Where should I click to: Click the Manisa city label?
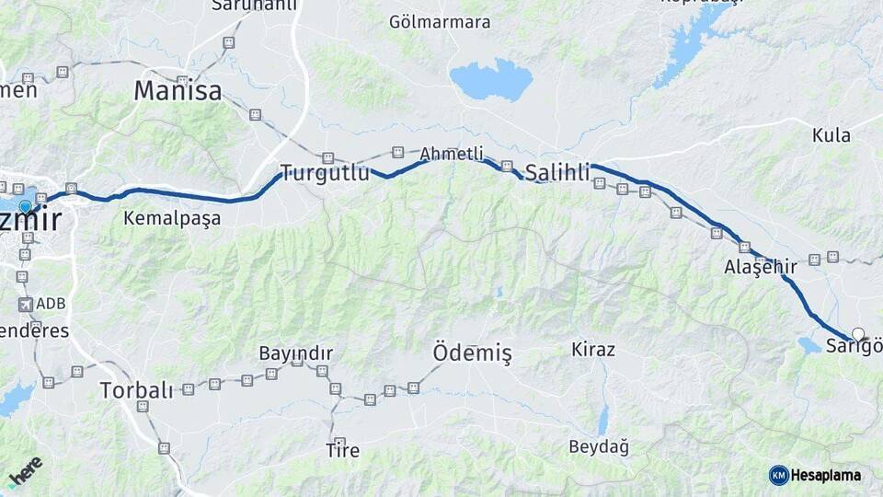[178, 91]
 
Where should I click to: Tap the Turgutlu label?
[325, 172]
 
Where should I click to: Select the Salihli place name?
[557, 172]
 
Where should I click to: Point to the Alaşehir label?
[760, 267]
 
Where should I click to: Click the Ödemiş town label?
[472, 353]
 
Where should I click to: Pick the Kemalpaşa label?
[172, 219]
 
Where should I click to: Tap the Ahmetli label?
[451, 154]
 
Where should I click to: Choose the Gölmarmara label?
[440, 22]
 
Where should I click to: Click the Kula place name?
[831, 136]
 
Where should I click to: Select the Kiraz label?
[593, 350]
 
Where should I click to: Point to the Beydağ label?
[599, 447]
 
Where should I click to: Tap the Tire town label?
[342, 451]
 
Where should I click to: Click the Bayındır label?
[295, 353]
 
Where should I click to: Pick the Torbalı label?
[136, 390]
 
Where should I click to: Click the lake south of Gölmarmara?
[491, 80]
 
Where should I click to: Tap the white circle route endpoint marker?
[858, 334]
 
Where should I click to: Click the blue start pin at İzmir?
[25, 206]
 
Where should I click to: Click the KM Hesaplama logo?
[815, 475]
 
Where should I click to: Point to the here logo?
[26, 469]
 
